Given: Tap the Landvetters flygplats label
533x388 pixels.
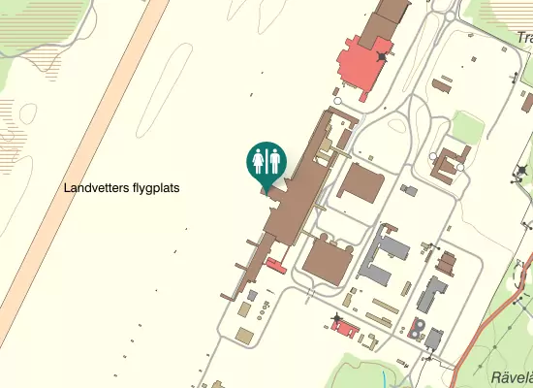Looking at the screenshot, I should coord(123,188).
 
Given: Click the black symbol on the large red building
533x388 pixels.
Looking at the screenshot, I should coord(383,57).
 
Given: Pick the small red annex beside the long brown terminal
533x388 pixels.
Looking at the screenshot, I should coord(276,266).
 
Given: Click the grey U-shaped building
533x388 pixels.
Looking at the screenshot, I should coord(387,254).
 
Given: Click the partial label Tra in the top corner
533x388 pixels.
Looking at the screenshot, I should coord(524,39).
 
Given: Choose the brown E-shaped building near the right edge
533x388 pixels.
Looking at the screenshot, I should coord(450,165).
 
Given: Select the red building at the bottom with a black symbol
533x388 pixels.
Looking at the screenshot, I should coord(345,329).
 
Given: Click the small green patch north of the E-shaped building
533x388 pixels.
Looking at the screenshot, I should coord(468,126).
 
